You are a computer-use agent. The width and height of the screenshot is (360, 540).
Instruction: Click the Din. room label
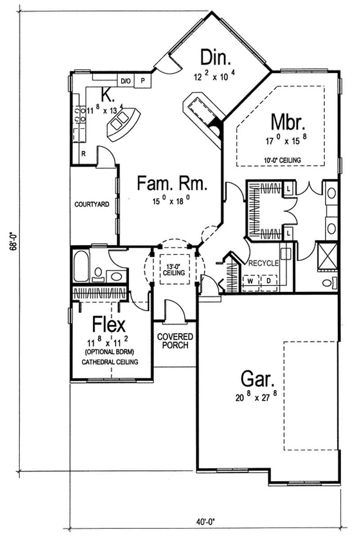click(x=216, y=58)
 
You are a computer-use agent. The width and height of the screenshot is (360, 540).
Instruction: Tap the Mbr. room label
click(x=288, y=122)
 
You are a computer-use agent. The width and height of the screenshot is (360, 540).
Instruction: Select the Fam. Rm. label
click(x=172, y=184)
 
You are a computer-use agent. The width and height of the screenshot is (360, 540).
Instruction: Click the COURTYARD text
click(x=92, y=204)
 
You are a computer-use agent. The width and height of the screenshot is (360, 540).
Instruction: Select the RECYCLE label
click(x=263, y=263)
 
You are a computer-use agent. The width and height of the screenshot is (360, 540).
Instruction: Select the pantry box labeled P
click(x=143, y=81)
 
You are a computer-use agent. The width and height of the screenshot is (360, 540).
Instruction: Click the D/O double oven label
click(x=126, y=81)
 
